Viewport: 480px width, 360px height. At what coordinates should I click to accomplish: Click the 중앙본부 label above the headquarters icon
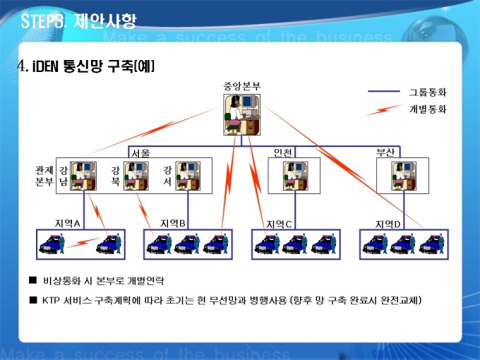(x=241, y=86)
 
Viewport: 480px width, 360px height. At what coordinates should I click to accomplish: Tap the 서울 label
(x=140, y=152)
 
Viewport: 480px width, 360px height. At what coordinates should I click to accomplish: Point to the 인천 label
(x=283, y=152)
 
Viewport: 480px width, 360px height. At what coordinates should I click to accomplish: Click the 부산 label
(x=385, y=152)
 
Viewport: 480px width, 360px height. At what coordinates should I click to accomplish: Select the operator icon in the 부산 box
(x=402, y=176)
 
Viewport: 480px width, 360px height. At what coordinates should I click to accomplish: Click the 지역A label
(x=68, y=223)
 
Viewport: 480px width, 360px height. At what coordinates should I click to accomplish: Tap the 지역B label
(x=173, y=223)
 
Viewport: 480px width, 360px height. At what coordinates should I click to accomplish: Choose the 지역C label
(x=279, y=224)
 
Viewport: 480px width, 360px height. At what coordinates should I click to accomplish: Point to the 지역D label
(x=388, y=224)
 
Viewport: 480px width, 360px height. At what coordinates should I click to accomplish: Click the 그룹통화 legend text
(x=428, y=92)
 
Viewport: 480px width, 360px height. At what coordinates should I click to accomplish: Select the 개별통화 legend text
(x=428, y=109)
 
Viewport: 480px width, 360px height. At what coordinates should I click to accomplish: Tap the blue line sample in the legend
(x=385, y=92)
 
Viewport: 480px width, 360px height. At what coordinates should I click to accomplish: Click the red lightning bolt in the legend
(x=385, y=109)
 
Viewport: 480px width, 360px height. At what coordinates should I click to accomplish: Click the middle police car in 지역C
(x=295, y=244)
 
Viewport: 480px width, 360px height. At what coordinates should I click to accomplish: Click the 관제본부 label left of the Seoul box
(x=44, y=175)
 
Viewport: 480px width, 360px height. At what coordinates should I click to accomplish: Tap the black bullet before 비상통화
(x=32, y=281)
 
